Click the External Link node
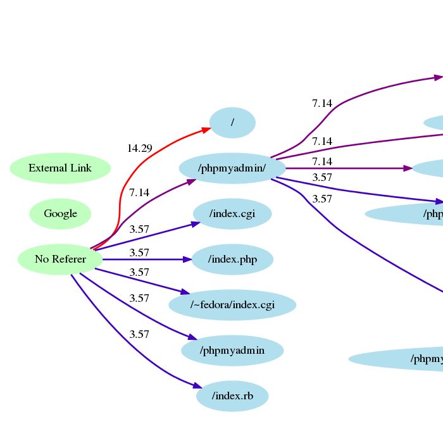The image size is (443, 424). point(60,168)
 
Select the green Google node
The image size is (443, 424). point(60,214)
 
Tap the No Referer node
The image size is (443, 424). point(60,259)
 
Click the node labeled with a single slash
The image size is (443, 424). point(232,123)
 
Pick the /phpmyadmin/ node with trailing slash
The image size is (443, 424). point(232,168)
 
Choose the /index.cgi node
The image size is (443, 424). point(232,214)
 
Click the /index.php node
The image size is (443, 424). point(232,259)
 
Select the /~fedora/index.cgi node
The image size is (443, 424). point(232,305)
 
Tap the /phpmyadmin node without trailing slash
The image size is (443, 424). point(232,351)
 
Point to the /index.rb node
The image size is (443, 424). point(232,396)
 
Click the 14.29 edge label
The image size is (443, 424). point(139,149)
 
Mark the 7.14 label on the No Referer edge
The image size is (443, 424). point(139,192)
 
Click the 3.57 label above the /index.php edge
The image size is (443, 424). point(139,253)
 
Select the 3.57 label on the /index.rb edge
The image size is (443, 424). point(139,334)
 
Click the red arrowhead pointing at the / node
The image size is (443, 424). point(206,129)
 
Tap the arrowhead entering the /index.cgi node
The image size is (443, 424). point(196,223)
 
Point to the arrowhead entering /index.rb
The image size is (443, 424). point(197,386)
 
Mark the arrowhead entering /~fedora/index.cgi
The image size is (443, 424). point(185,292)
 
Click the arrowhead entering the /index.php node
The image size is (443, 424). point(187,259)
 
